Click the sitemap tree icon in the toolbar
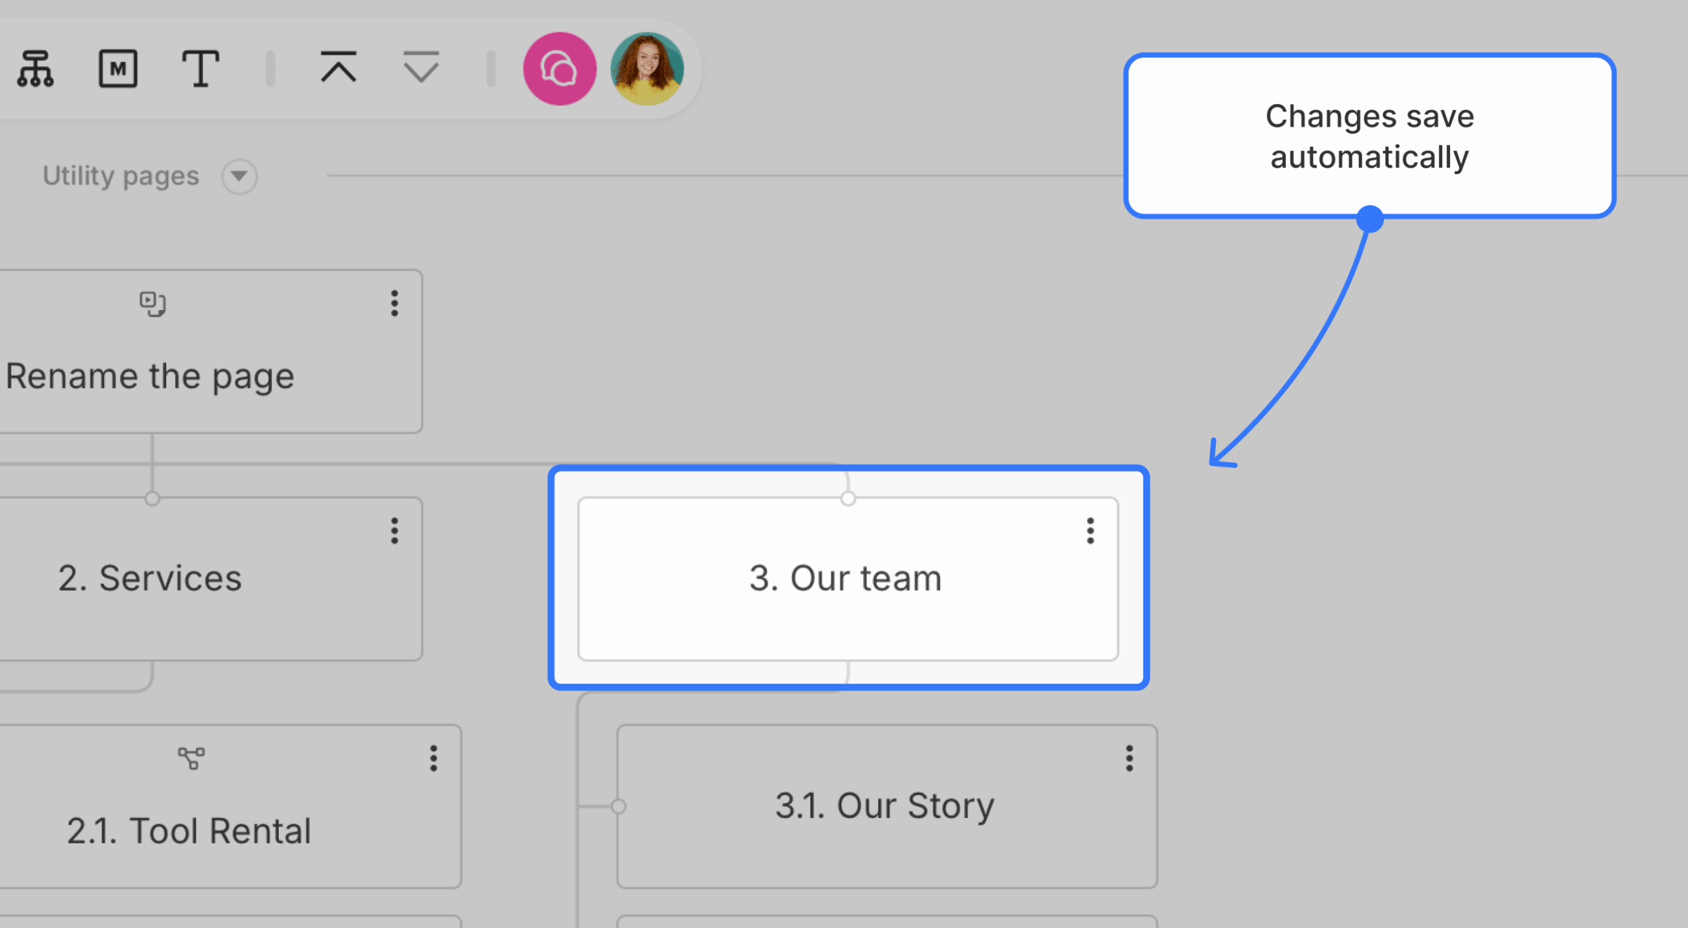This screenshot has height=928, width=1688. (x=36, y=69)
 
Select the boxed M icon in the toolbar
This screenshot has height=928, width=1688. (x=118, y=69)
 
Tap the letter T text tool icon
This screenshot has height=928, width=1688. (x=200, y=69)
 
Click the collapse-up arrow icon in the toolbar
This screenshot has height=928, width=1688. (x=339, y=67)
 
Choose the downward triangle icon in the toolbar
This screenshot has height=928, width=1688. (x=421, y=67)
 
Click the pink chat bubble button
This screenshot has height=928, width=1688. (x=560, y=69)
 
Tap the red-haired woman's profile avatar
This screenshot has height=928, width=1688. (x=648, y=69)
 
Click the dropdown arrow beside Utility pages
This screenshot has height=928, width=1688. (x=239, y=176)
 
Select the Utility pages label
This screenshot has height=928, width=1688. (x=121, y=176)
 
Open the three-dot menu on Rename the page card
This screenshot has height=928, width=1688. (x=395, y=303)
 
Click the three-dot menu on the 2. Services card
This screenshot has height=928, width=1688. (x=395, y=531)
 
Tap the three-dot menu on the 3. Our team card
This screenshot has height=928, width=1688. (x=1091, y=531)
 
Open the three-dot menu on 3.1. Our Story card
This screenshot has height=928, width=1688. (x=1130, y=758)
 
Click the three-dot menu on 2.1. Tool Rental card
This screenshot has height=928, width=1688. (x=434, y=758)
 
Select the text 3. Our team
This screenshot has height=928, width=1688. (x=845, y=578)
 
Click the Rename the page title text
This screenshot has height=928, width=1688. (x=150, y=377)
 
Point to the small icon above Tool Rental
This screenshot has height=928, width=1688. (x=191, y=758)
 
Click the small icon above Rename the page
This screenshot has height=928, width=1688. (x=153, y=304)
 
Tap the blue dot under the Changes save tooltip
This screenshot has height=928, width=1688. (x=1370, y=219)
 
